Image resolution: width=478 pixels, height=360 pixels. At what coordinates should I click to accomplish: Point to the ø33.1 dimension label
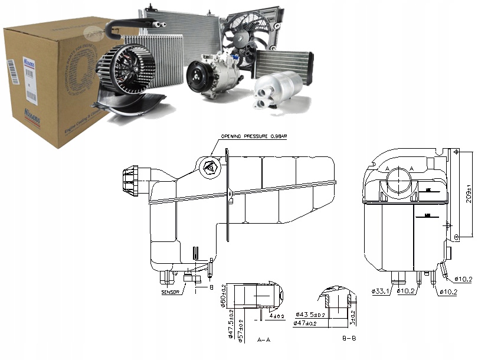pyautogui.click(x=381, y=291)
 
